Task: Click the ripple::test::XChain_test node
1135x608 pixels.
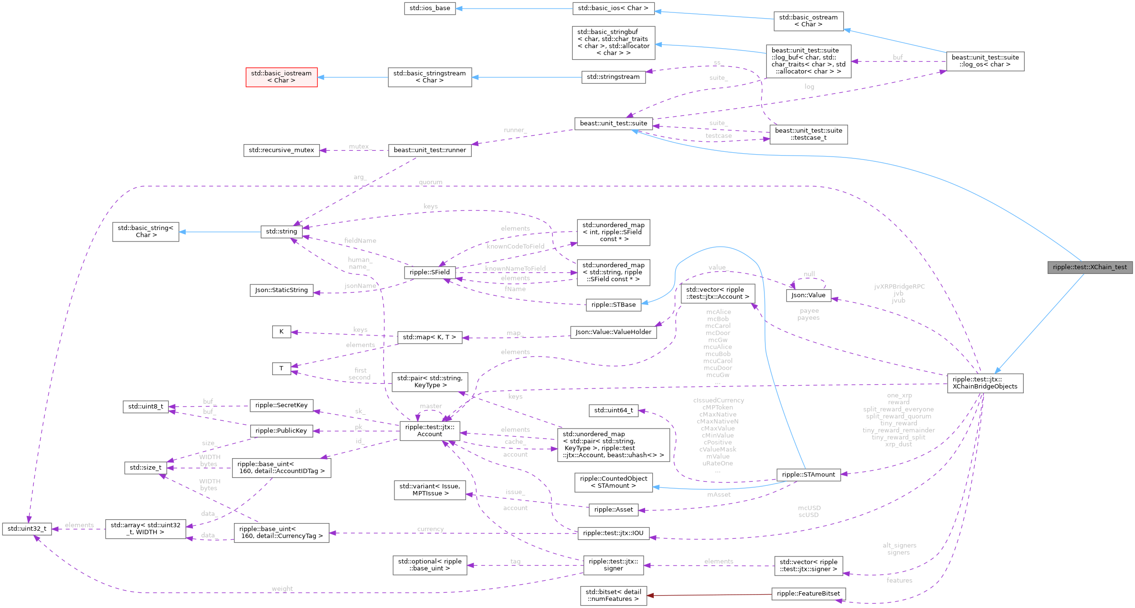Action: coord(1090,267)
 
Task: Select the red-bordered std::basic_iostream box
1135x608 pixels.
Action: coord(281,77)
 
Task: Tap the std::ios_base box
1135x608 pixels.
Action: coord(430,8)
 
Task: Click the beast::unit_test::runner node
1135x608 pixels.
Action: coord(430,150)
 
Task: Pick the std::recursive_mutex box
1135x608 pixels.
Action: coord(281,150)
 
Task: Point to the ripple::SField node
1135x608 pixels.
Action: coord(429,272)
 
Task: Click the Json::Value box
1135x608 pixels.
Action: coord(808,295)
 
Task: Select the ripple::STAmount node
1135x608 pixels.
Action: coord(808,474)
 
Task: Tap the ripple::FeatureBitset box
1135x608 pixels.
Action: coord(808,594)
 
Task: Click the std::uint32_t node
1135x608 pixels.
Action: coord(27,528)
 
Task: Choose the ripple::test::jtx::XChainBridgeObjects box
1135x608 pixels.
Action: coord(985,383)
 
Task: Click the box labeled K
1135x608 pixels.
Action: coord(281,332)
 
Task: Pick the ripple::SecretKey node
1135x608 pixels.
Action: coord(281,405)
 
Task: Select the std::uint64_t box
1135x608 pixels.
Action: coord(613,410)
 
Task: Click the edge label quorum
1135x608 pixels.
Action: coord(430,182)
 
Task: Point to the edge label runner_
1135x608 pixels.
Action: coord(515,130)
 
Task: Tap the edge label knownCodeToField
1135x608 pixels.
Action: coord(515,246)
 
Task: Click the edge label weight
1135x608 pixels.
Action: coord(282,588)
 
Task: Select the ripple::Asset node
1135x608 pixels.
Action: coord(613,510)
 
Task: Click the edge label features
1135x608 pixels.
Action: coord(899,580)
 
